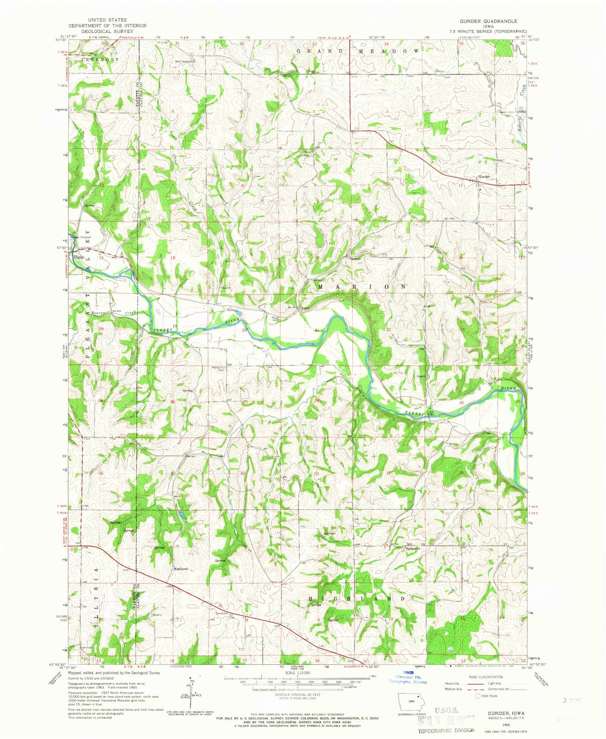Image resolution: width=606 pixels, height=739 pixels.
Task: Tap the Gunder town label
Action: (x=484, y=177)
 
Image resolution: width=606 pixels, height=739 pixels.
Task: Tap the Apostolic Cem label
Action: (x=218, y=369)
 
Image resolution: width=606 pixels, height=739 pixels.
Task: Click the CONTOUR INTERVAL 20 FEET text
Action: (x=297, y=706)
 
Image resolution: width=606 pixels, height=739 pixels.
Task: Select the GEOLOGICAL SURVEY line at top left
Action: (x=107, y=31)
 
